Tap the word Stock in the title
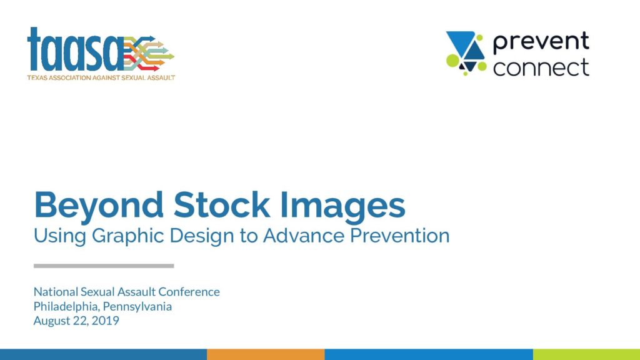[222, 204]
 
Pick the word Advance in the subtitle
[303, 236]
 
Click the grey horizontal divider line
[104, 266]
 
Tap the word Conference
[189, 292]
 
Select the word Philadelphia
[66, 307]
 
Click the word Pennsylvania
[137, 307]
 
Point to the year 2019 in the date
[105, 321]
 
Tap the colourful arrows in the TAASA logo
[149, 54]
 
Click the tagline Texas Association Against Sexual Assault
[101, 77]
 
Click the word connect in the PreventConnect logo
[541, 67]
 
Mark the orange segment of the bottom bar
[266, 354]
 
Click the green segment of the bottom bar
[586, 354]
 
